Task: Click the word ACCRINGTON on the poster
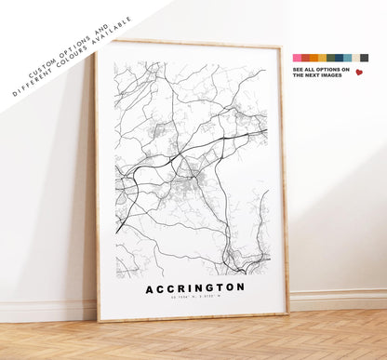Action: pos(195,287)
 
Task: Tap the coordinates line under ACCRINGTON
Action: pos(195,300)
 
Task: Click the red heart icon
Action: pos(359,73)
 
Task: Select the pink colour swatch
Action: pos(297,58)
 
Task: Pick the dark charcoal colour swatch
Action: pos(364,58)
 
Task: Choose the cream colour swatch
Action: pos(355,58)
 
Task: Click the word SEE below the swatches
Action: pos(298,69)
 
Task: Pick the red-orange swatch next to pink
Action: pos(305,58)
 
